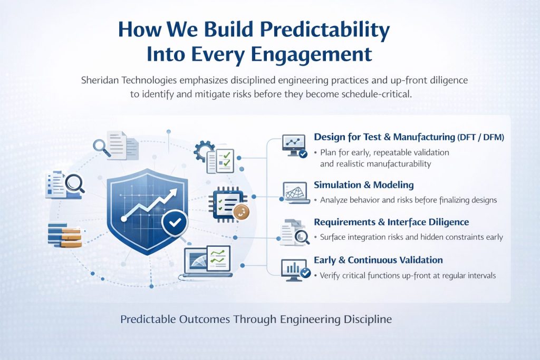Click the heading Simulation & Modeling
coord(363,185)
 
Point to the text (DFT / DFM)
coord(480,137)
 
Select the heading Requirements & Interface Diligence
coord(391,222)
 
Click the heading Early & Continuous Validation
coord(378,260)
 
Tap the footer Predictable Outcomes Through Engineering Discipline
coord(256,319)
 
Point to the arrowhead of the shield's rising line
coord(173,196)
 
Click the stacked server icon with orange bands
coord(64,235)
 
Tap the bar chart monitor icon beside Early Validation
coord(294,269)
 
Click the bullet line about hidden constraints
coord(411,237)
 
